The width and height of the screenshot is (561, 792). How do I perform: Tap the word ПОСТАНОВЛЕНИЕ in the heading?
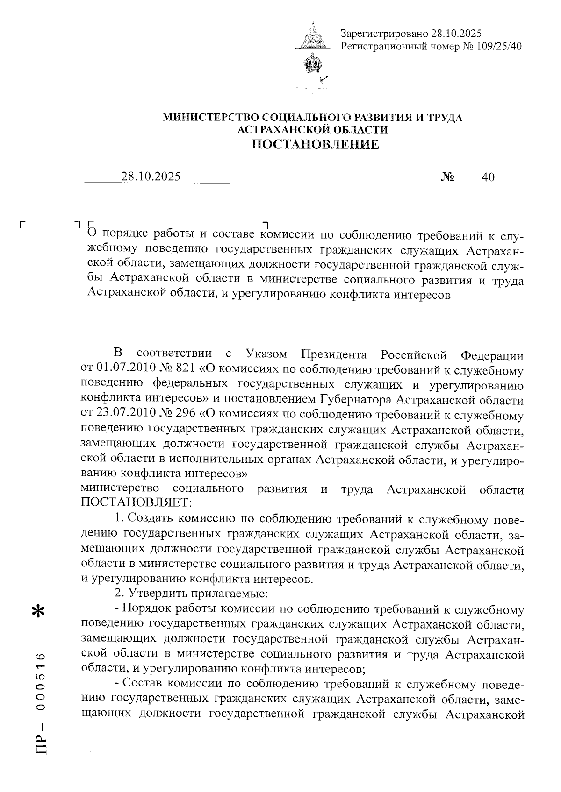tap(316, 144)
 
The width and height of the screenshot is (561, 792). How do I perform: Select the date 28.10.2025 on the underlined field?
tap(151, 177)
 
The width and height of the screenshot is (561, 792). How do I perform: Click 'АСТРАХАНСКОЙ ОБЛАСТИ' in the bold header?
tap(312, 129)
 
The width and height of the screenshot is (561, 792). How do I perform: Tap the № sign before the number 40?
tap(448, 177)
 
